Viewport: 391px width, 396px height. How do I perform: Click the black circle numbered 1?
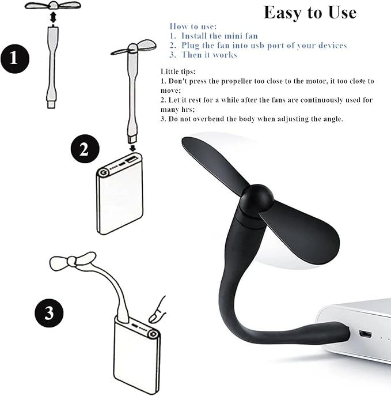coord(15,59)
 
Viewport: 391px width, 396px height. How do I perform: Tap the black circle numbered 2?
coord(85,149)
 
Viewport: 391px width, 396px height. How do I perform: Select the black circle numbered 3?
coord(49,313)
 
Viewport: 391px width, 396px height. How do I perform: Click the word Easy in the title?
coord(283,13)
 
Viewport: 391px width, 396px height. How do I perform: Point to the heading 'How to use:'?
coord(193,27)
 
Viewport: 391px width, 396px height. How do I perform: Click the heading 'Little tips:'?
coord(178,71)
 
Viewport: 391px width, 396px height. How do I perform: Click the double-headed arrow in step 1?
coord(53,18)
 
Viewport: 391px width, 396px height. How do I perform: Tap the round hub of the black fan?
coord(257,198)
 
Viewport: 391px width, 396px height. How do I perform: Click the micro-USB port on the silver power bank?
coord(365,334)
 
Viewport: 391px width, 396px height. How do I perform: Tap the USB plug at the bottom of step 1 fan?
coord(51,104)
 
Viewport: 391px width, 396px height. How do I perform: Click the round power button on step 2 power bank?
coord(103,173)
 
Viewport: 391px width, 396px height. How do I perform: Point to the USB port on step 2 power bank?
coord(132,159)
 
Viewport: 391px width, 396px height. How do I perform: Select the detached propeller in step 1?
coord(53,5)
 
